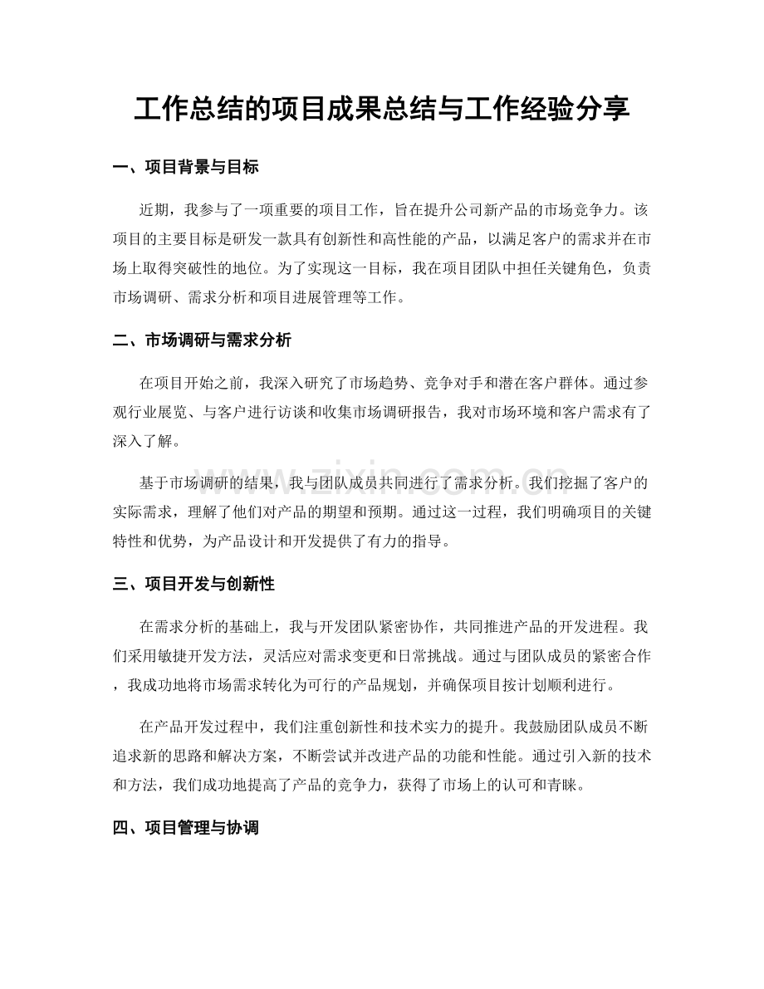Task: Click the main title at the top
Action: (381, 108)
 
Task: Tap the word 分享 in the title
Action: (608, 108)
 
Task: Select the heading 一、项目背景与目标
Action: (185, 168)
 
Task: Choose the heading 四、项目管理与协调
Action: (185, 828)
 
